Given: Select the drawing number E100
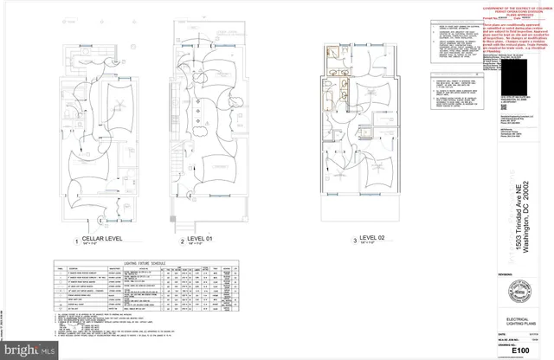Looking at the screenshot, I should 519,351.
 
